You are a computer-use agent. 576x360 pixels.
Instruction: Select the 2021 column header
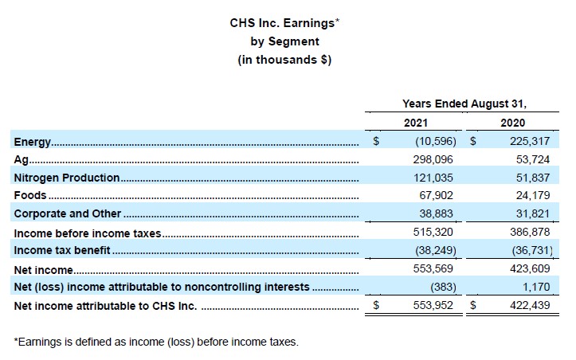point(415,123)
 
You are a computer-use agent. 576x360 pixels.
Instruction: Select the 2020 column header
point(512,123)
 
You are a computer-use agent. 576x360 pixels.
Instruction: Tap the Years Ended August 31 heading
point(464,103)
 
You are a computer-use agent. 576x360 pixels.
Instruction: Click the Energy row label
point(33,142)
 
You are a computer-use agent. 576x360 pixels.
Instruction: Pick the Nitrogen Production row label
point(67,178)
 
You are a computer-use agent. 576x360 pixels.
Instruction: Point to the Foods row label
point(30,195)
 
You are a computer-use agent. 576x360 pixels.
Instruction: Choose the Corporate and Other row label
point(68,213)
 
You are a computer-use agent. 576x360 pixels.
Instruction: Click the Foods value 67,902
point(434,195)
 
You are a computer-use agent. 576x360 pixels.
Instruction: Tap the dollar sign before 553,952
point(376,306)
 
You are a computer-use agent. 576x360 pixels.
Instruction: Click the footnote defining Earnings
point(156,342)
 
